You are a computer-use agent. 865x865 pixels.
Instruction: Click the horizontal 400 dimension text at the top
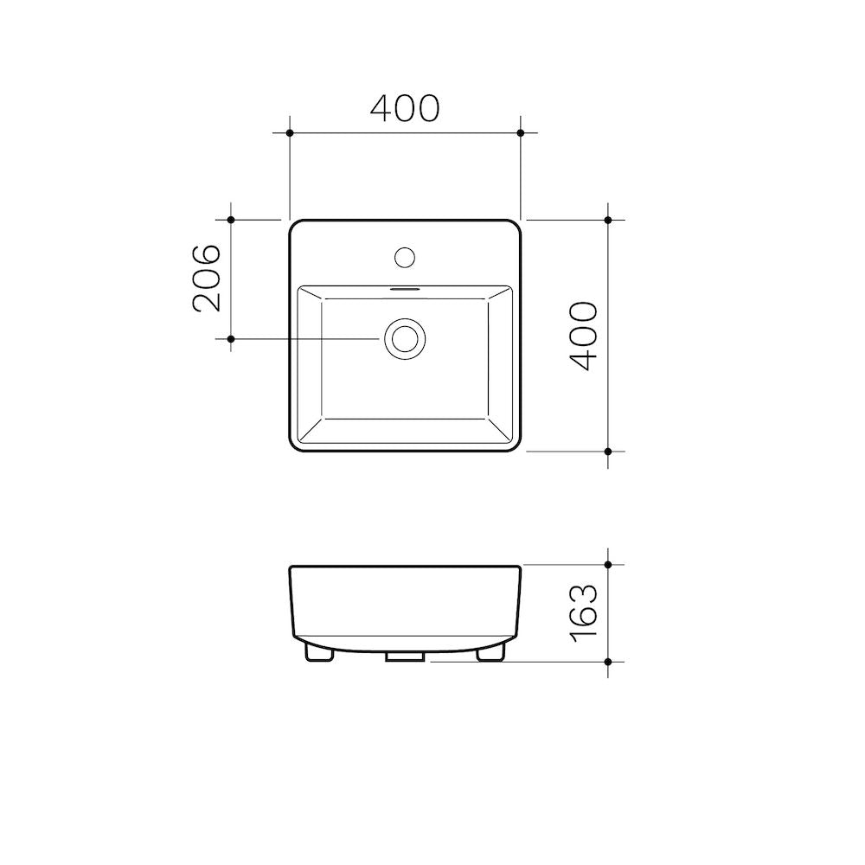405,108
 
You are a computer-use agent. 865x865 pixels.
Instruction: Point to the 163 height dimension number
585,612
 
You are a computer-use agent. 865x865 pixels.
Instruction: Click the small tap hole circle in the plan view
405,256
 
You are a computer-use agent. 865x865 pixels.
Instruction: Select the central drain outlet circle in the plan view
405,338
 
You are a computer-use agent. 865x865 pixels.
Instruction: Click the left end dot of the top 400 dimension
290,133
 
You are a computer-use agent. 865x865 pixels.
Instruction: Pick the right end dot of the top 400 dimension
520,133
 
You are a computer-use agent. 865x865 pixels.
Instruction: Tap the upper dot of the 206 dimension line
231,220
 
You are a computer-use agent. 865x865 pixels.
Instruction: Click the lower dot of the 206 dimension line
231,339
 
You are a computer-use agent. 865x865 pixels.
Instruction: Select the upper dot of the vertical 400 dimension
608,220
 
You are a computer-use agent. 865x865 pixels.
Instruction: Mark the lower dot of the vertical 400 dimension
608,452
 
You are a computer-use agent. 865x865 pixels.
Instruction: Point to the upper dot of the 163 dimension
608,565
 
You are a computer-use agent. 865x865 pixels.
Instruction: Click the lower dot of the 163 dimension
608,662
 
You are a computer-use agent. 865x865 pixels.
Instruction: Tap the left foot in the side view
319,653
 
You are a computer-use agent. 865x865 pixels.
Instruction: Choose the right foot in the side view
490,653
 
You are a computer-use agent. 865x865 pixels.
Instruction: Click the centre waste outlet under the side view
404,657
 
